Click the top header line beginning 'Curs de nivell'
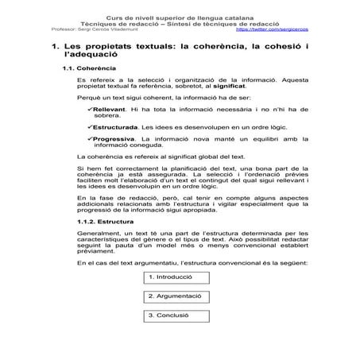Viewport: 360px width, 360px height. coord(180,16)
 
